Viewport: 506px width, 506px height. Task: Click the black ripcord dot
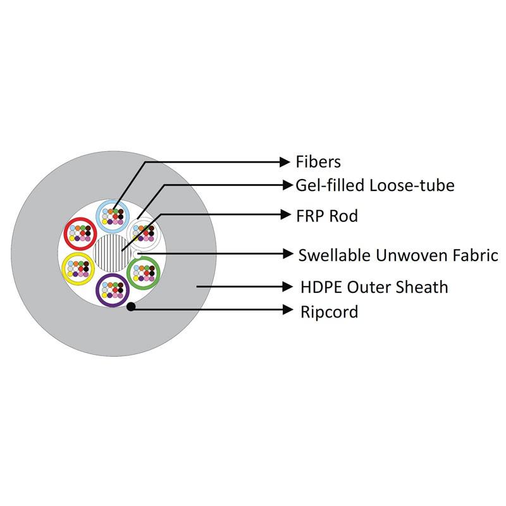pos(131,307)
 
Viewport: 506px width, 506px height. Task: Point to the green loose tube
pos(144,273)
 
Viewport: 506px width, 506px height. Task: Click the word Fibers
pos(318,162)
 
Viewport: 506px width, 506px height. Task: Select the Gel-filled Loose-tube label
pos(375,185)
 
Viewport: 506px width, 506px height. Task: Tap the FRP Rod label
pos(327,216)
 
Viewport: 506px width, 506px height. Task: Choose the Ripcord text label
pos(330,311)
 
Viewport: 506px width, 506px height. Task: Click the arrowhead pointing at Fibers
pos(285,162)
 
